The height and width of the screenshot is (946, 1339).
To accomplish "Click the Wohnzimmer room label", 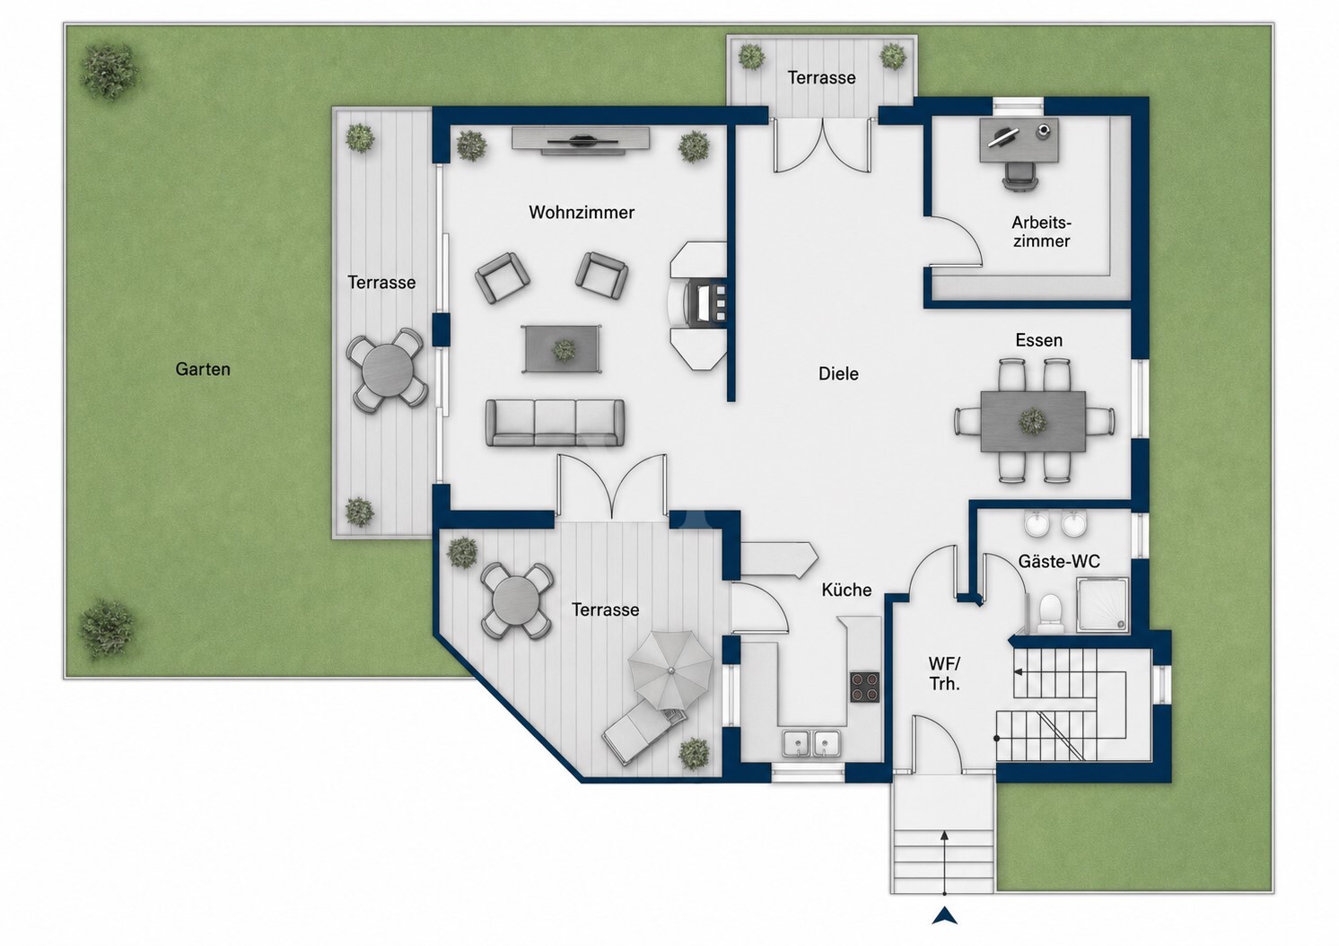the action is click(581, 213).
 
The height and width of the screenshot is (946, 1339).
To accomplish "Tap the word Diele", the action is click(838, 373).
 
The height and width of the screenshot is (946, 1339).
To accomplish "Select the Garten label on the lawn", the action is click(203, 369).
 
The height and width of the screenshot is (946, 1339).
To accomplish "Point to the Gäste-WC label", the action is click(1059, 562).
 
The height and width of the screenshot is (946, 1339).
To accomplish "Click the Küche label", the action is click(846, 590).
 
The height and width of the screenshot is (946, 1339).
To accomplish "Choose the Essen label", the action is click(1039, 340).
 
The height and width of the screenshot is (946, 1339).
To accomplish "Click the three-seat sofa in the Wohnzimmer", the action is click(555, 423).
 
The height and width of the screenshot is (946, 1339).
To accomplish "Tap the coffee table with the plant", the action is click(562, 348).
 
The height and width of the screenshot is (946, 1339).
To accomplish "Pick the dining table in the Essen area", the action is click(1033, 421).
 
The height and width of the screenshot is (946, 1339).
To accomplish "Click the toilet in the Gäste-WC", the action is click(1050, 613).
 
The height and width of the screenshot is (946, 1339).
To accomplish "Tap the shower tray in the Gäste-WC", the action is click(1102, 605).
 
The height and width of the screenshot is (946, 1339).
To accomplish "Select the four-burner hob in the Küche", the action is click(865, 688).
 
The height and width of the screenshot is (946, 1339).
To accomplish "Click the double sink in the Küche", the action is click(811, 744).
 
